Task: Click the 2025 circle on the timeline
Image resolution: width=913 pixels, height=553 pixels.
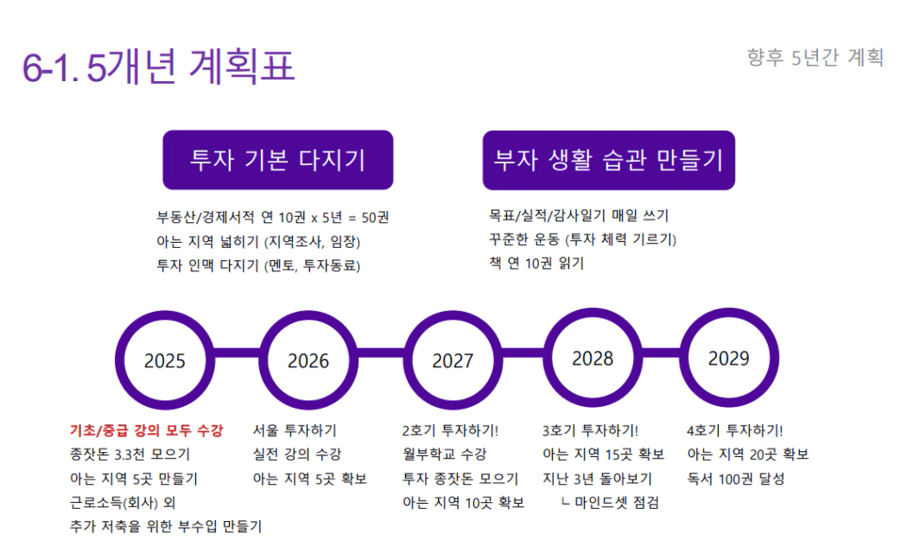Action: (164, 316)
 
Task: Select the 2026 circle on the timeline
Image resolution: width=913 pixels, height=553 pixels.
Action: (308, 316)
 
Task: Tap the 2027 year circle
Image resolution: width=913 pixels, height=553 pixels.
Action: (453, 316)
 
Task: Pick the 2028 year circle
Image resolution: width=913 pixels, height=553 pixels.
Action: (593, 313)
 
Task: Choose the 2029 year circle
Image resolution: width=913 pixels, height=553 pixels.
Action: (729, 313)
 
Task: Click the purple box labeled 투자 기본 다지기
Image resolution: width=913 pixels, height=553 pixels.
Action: (278, 160)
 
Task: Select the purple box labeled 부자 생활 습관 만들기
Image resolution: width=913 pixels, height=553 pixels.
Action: (608, 160)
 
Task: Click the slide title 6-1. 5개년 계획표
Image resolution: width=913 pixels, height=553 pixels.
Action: (158, 66)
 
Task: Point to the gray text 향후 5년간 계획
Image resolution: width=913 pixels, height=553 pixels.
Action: (815, 58)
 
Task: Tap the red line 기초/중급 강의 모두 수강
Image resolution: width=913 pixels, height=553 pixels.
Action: (146, 430)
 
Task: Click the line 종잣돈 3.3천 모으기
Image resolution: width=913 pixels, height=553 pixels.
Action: (130, 454)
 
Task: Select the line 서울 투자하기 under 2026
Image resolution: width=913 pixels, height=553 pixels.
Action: (295, 430)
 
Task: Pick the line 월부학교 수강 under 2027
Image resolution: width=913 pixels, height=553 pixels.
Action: (444, 454)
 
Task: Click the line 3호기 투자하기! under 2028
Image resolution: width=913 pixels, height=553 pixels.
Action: (591, 430)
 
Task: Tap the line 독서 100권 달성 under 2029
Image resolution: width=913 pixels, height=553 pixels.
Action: (736, 479)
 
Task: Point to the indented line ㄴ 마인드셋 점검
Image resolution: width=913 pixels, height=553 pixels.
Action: (610, 502)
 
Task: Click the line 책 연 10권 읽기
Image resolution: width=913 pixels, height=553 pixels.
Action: (536, 264)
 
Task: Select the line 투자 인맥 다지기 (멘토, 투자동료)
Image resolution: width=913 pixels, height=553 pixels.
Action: (258, 266)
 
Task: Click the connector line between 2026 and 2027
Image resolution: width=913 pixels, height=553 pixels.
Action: (381, 353)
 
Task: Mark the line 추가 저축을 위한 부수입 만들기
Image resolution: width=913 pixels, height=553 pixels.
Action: (166, 527)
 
